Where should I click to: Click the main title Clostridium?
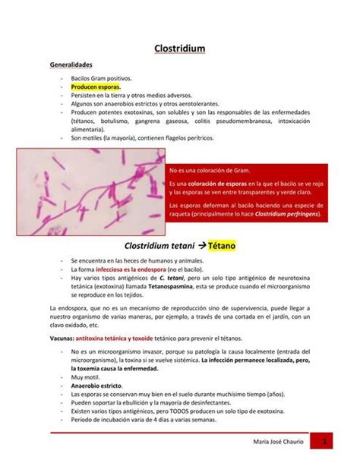click(180, 49)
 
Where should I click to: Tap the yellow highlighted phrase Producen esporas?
click(96, 87)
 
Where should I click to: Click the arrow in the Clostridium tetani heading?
click(192, 247)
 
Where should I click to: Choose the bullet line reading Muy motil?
click(84, 376)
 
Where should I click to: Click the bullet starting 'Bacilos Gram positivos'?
click(101, 78)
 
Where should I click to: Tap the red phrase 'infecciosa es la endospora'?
click(125, 269)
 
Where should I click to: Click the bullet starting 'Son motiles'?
click(143, 137)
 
